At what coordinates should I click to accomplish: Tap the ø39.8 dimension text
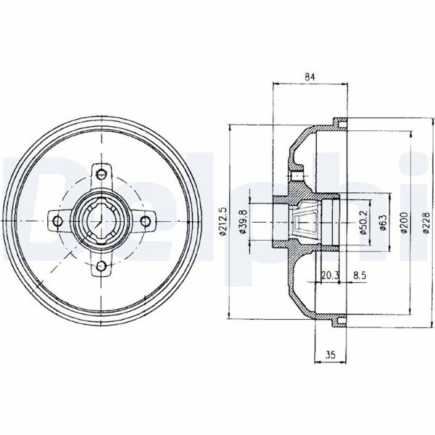[x=244, y=220]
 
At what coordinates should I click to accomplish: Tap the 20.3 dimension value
[x=330, y=275]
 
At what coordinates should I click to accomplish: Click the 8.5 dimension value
[x=359, y=275]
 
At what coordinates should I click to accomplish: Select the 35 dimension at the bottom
[x=331, y=354]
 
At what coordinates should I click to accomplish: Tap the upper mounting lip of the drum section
[x=336, y=122]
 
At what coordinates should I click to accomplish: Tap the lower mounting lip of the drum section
[x=336, y=318]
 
